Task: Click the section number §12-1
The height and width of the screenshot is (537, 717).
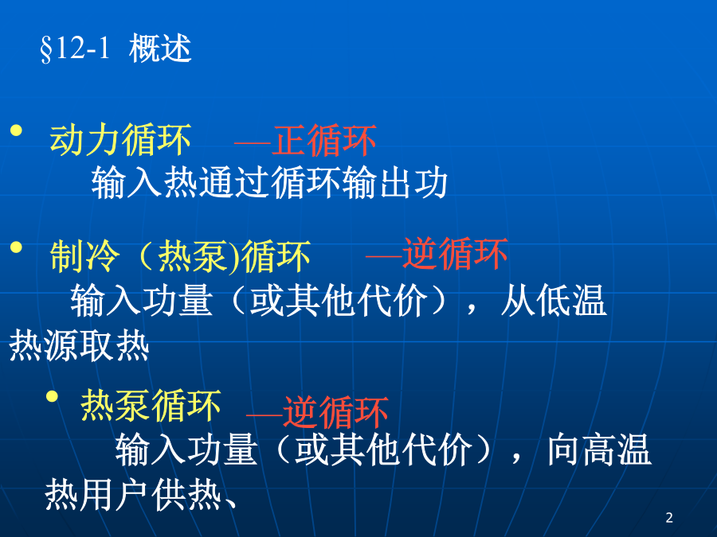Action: coord(75,48)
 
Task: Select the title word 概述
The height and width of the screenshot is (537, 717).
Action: coord(160,48)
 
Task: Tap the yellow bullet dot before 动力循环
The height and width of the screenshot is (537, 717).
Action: coord(17,130)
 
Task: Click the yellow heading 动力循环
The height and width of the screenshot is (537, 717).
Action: coord(120,140)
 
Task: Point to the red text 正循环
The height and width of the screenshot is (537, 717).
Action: coord(324,141)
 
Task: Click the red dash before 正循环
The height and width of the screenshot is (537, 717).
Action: coord(253,142)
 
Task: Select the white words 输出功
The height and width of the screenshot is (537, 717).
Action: coord(394,183)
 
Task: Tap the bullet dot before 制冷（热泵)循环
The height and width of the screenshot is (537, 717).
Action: coord(17,247)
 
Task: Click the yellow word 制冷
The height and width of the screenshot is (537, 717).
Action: coord(84,257)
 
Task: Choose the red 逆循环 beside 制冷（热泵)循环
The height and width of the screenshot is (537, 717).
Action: coord(455,254)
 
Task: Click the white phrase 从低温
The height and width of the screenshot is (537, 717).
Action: coord(554,300)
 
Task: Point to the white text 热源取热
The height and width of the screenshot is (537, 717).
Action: coord(79,346)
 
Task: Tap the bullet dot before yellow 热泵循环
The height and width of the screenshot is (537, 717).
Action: coord(52,396)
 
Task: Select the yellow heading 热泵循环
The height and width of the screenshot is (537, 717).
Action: coord(151,406)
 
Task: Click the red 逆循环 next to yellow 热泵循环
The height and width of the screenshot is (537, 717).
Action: coord(335,412)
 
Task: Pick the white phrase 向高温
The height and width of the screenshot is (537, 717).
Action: coord(599,449)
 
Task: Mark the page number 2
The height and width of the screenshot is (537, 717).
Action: coord(669,518)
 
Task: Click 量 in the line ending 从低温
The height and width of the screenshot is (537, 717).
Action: coord(195,300)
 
